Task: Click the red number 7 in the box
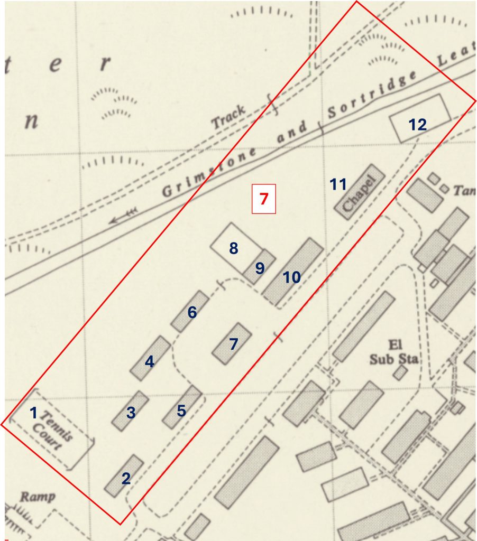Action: pyautogui.click(x=264, y=199)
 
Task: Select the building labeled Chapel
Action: pyautogui.click(x=359, y=191)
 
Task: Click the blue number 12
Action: pyautogui.click(x=417, y=125)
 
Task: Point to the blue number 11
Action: pyautogui.click(x=338, y=184)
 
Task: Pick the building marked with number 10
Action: pyautogui.click(x=293, y=272)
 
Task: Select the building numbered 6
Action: pyautogui.click(x=190, y=311)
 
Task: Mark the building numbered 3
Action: pyautogui.click(x=130, y=411)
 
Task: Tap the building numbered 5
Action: pyautogui.click(x=182, y=407)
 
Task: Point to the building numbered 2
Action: pyautogui.click(x=124, y=476)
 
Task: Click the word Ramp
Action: pyautogui.click(x=37, y=497)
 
